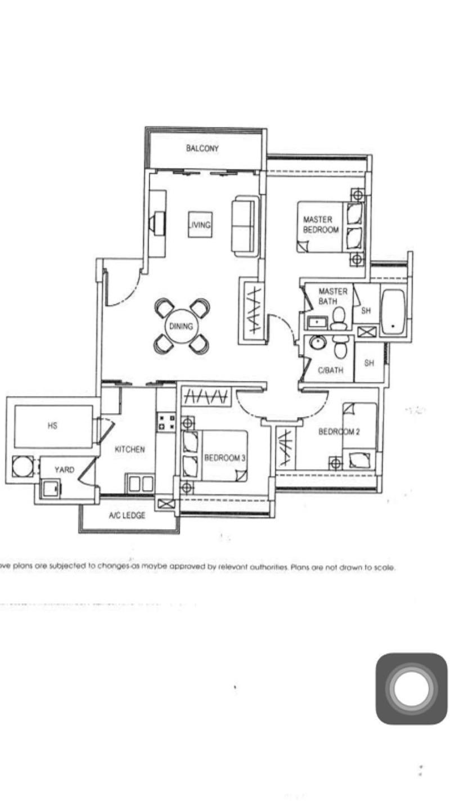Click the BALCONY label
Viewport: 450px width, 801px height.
point(202,149)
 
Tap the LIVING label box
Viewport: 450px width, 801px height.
point(199,225)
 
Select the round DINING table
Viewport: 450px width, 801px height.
point(182,326)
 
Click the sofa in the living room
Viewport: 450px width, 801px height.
point(245,226)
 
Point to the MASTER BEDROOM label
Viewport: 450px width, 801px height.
point(321,225)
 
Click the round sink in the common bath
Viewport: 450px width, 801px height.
point(317,343)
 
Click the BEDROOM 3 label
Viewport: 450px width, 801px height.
point(224,458)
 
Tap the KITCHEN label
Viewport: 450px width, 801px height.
point(130,449)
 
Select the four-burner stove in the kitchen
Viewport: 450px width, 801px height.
point(166,422)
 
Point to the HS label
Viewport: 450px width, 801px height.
point(52,426)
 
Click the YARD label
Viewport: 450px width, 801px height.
point(64,469)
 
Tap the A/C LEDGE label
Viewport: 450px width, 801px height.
point(127,515)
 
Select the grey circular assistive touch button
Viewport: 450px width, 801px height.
point(411,688)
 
